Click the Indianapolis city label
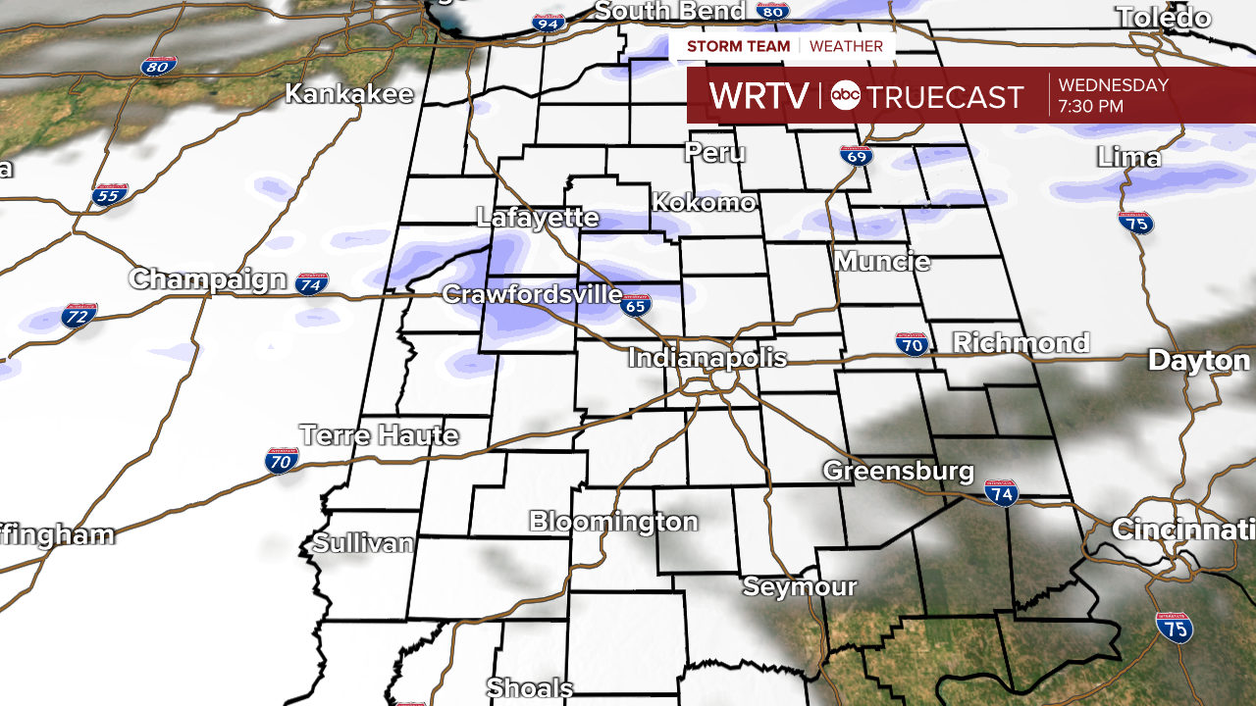click(706, 358)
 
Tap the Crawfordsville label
click(532, 294)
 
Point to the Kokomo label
click(705, 203)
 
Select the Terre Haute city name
click(379, 435)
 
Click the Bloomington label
click(613, 522)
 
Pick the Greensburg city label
click(898, 471)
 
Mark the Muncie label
click(882, 262)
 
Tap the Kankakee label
click(349, 94)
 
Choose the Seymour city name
click(800, 587)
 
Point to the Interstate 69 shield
click(855, 155)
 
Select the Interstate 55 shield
click(111, 194)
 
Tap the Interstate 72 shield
click(78, 315)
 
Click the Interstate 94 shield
click(549, 22)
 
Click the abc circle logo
click(845, 95)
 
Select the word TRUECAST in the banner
click(946, 96)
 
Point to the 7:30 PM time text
click(1091, 107)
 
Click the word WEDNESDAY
click(1114, 85)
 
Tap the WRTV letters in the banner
click(759, 96)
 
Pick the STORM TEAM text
click(738, 46)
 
